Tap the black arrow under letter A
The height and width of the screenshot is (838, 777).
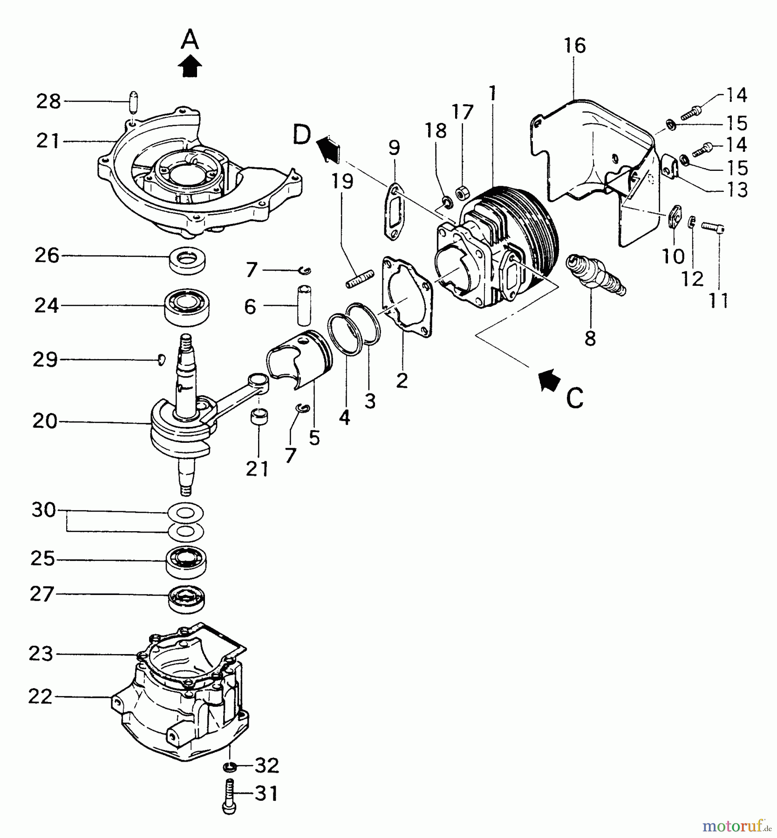(x=190, y=67)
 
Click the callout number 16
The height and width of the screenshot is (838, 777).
(x=574, y=46)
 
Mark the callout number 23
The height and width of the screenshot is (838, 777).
(x=41, y=654)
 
